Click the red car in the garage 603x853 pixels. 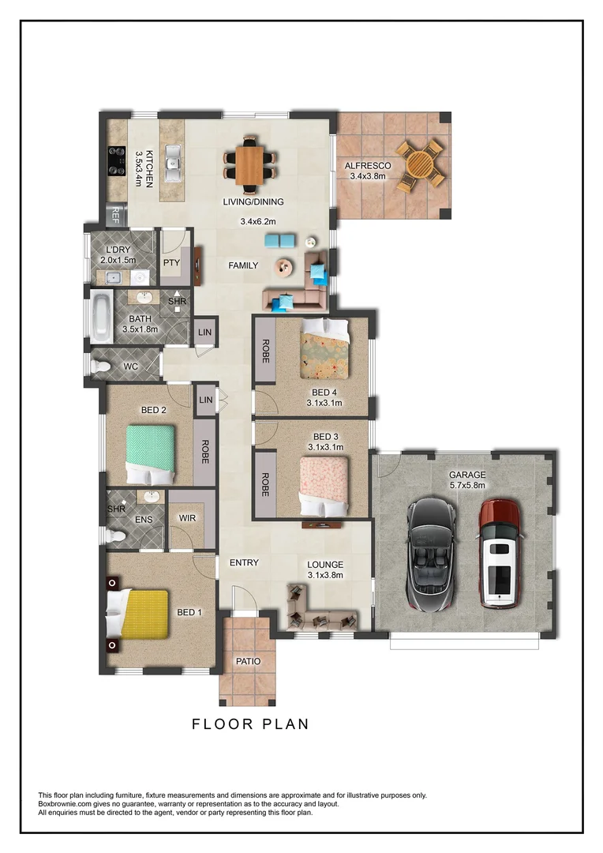(500, 553)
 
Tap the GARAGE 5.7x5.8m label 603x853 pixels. (466, 480)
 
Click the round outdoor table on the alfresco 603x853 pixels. (420, 162)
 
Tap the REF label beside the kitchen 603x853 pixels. (115, 214)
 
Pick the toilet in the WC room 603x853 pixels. (103, 367)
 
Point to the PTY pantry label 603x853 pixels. (171, 262)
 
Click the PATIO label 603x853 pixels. (248, 661)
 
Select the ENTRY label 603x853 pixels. (244, 563)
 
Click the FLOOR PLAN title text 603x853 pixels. (250, 723)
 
